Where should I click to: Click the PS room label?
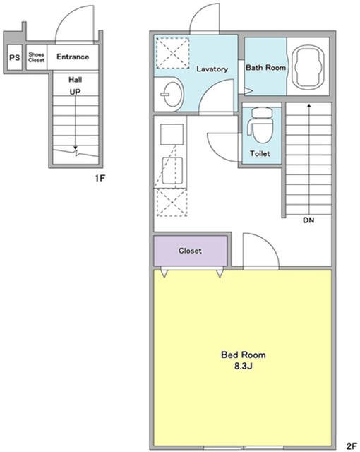[x=15, y=57]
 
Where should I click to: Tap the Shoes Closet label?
[x=36, y=57]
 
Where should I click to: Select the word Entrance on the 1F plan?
[x=73, y=56]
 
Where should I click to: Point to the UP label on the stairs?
[x=75, y=92]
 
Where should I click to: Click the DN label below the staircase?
[x=308, y=220]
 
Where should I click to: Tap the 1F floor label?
[x=100, y=179]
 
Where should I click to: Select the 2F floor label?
[x=352, y=446]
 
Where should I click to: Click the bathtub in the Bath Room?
[x=308, y=67]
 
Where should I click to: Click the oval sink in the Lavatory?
[x=172, y=94]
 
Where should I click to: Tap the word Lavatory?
[x=212, y=69]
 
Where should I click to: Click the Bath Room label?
[x=265, y=68]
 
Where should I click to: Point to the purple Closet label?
[x=190, y=251]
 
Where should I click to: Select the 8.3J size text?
[x=243, y=366]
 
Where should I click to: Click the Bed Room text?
[x=243, y=355]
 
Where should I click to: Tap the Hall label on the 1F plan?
[x=75, y=80]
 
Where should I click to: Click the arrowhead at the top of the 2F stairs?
[x=309, y=105]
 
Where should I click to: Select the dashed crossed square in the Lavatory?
[x=172, y=53]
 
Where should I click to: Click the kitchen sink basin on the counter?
[x=172, y=171]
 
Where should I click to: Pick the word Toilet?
[x=260, y=153]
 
